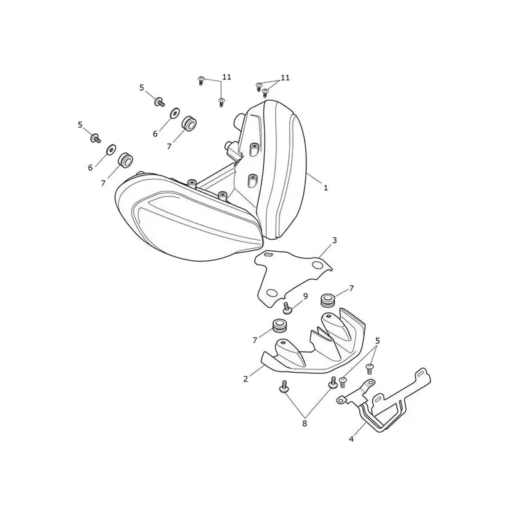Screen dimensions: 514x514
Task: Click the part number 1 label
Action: pyautogui.click(x=326, y=188)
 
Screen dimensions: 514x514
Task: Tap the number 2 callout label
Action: pyautogui.click(x=246, y=378)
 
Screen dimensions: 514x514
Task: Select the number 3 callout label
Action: pyautogui.click(x=334, y=240)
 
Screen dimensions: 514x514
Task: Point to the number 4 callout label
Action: pyautogui.click(x=351, y=439)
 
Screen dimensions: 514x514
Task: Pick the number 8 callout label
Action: pyautogui.click(x=305, y=423)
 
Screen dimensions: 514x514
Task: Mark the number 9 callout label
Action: pyautogui.click(x=306, y=296)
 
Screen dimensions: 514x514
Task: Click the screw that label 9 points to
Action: pyautogui.click(x=287, y=308)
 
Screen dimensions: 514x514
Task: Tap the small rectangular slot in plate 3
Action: pyautogui.click(x=269, y=254)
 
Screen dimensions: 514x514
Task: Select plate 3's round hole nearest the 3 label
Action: pyautogui.click(x=317, y=265)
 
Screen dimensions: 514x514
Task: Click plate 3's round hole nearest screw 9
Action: pyautogui.click(x=272, y=292)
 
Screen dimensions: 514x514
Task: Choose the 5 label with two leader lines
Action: pyautogui.click(x=378, y=341)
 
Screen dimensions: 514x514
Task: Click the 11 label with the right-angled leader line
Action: pyautogui.click(x=227, y=77)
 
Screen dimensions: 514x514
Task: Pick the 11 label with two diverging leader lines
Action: pyautogui.click(x=285, y=78)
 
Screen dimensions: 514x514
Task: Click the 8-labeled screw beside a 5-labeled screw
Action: pyautogui.click(x=333, y=383)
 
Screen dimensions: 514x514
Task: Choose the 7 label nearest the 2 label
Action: pyautogui.click(x=254, y=341)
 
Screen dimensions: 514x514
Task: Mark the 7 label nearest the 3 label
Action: pyautogui.click(x=351, y=288)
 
